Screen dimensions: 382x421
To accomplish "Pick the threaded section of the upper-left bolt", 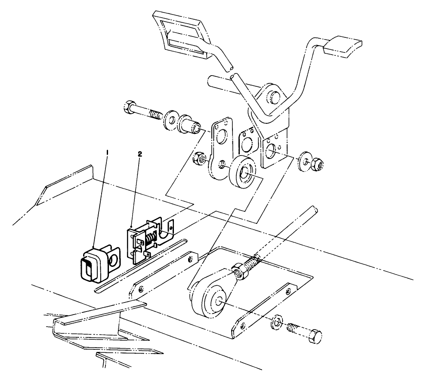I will (x=153, y=114).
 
